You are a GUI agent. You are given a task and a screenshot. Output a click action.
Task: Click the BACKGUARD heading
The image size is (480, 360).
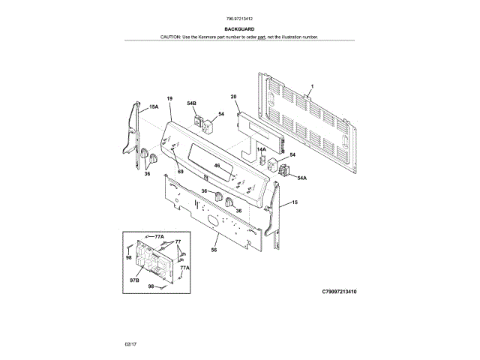coord(239,28)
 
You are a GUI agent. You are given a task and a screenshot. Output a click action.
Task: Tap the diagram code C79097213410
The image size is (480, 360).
coord(339,290)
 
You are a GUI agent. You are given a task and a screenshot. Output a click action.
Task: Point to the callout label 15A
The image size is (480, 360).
coord(153,107)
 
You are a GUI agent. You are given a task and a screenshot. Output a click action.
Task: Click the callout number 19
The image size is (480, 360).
coord(169,99)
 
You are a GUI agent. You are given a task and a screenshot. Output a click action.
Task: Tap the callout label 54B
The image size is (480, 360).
coord(191,103)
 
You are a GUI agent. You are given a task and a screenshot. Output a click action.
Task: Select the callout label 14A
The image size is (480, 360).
coord(262,150)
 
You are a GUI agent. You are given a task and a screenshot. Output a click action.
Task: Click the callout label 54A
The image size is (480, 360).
coord(302,178)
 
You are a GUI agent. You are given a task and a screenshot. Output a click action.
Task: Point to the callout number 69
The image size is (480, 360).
coord(180,172)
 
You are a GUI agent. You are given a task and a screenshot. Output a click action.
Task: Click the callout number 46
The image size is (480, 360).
coord(217,166)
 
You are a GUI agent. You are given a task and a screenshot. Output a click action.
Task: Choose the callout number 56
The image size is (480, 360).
coord(214,250)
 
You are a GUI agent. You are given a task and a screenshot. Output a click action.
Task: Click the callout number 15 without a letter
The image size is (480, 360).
coord(295,202)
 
